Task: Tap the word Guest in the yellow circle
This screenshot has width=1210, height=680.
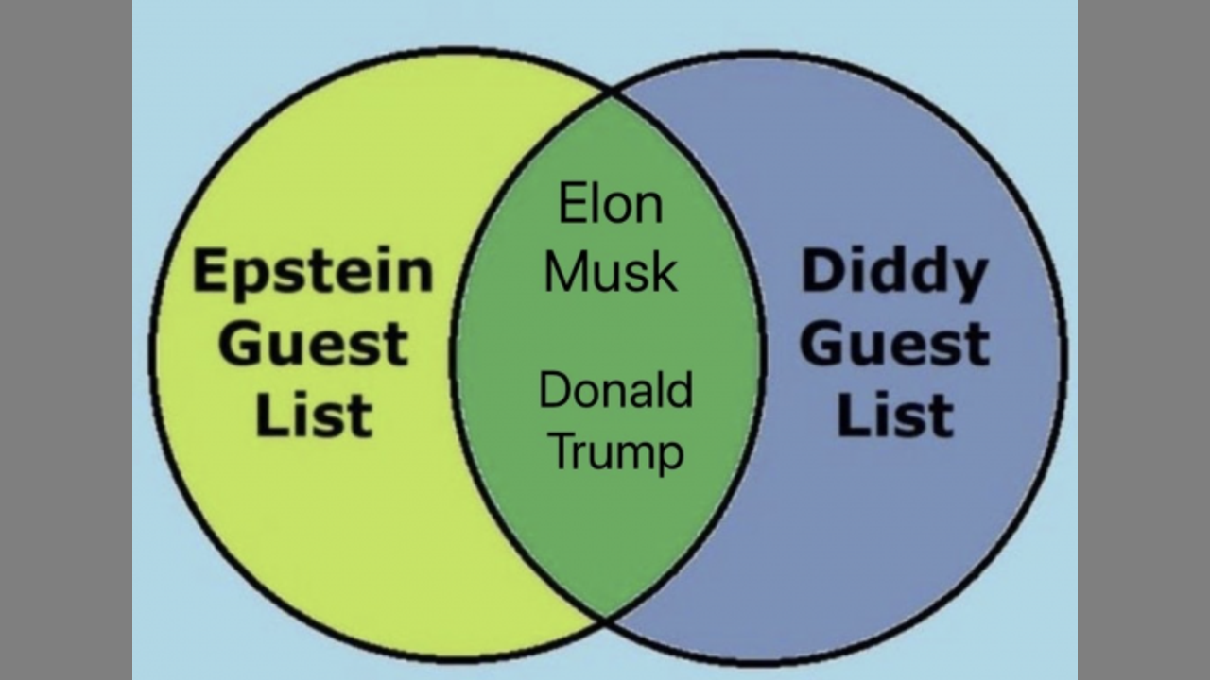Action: point(313,344)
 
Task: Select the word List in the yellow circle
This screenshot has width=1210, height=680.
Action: point(313,415)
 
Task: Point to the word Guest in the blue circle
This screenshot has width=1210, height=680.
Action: point(894,344)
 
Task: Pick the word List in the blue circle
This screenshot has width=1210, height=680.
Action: point(894,415)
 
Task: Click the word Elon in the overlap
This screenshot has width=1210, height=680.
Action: point(611,204)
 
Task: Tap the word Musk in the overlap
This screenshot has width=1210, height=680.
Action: point(611,271)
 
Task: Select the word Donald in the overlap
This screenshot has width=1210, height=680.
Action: point(614,390)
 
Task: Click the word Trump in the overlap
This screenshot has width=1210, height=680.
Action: point(614,451)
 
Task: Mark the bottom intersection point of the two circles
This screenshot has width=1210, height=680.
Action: point(605,620)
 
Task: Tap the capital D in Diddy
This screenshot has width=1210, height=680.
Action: point(821,272)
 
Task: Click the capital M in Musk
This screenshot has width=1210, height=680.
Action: point(565,271)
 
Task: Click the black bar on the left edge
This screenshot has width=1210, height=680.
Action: point(66,340)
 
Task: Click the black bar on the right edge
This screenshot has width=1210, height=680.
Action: point(1144,340)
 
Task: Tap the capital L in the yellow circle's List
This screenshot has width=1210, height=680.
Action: point(267,415)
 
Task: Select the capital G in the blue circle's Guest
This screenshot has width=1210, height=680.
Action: point(822,344)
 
